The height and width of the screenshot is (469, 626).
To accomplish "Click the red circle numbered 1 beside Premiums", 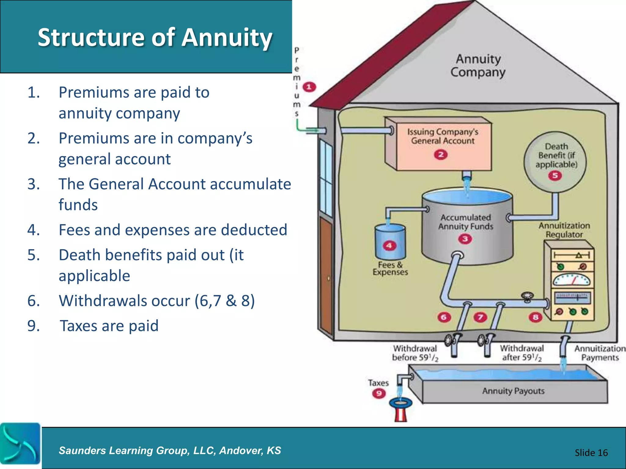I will (309, 87).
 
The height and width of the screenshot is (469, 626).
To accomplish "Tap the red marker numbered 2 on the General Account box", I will (440, 155).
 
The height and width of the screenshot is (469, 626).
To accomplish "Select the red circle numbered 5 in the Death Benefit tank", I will (555, 176).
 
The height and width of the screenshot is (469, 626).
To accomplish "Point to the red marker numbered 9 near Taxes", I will (379, 393).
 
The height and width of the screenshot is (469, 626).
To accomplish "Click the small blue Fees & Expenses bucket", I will (390, 241).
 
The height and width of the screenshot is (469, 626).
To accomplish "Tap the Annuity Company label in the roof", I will (478, 66).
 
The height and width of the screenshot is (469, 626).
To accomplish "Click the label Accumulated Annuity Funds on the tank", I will (466, 222).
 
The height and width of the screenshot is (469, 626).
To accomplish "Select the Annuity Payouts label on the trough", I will (513, 391).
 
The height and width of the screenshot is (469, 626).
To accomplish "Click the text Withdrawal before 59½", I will (415, 353).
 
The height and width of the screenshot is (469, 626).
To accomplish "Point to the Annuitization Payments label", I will (600, 353).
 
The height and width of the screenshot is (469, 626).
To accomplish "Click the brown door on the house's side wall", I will (326, 275).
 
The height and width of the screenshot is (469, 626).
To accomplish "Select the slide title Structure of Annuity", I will (155, 37).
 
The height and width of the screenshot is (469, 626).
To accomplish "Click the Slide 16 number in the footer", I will (591, 453).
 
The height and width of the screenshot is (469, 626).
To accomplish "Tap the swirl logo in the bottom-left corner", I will (20, 444).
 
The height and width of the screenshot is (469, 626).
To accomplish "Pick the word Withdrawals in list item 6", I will (124, 301).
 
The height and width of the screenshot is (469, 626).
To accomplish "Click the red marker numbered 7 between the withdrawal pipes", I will (480, 317).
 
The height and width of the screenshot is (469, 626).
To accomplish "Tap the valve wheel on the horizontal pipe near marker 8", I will (527, 296).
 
